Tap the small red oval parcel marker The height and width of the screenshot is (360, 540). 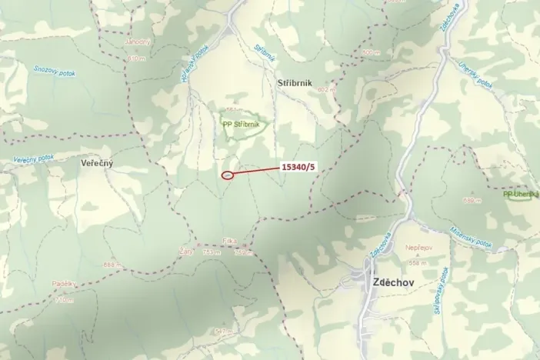228,175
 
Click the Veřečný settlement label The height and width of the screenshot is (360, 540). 96,164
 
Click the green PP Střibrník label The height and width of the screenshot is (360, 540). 241,124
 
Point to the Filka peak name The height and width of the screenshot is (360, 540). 229,242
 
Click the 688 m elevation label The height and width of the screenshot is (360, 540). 112,265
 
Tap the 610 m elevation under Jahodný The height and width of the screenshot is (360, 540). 136,58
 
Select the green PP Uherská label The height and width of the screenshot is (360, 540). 521,194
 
